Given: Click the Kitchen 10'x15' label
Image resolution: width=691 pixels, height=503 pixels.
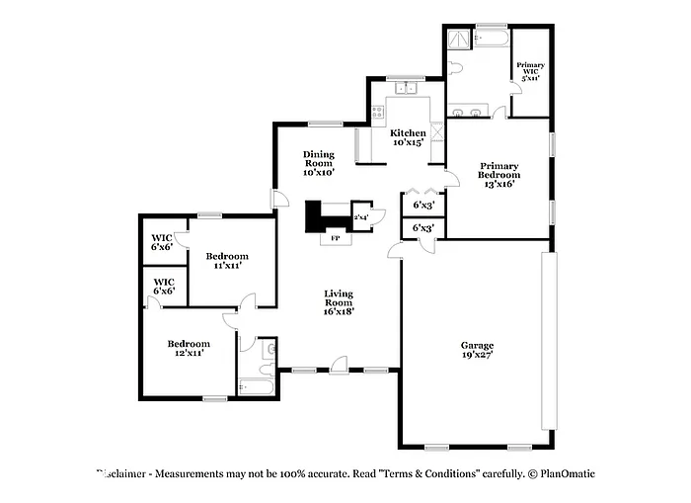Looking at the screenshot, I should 407,137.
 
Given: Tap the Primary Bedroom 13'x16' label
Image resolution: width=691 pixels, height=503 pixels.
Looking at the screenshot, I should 499,174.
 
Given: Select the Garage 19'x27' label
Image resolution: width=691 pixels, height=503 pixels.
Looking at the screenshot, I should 477,350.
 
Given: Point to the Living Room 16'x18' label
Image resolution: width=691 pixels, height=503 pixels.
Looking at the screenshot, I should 339,301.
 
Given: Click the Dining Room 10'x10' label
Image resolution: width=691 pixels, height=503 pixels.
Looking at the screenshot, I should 318,163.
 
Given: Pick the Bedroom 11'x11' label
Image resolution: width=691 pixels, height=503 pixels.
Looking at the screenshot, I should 226,261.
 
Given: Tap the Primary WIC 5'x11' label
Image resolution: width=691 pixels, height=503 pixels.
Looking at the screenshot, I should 530,70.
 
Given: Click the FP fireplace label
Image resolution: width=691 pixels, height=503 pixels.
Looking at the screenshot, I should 335,238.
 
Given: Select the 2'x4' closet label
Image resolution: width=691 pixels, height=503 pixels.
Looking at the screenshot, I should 361,216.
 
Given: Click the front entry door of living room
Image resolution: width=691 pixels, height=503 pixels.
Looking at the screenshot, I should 339,366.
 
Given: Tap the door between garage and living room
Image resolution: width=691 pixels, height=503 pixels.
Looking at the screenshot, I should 396,253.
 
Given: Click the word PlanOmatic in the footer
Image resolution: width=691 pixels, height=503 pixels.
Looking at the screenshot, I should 568,474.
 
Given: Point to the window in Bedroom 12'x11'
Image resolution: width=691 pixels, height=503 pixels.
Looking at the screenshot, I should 213,398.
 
